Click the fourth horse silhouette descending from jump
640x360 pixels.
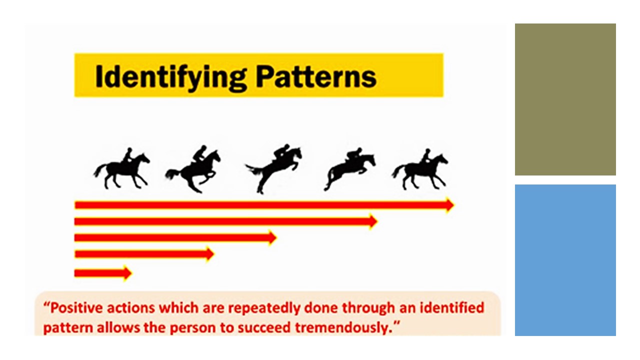tap(350, 170)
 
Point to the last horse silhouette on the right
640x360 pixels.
tap(420, 170)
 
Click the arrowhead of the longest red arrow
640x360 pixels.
tap(449, 204)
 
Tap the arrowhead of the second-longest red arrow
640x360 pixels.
tap(373, 221)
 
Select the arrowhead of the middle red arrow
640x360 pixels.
tap(272, 237)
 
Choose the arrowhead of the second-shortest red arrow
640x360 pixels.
tap(210, 254)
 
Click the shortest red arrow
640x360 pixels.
tap(102, 273)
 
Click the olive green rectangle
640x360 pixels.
tap(565, 99)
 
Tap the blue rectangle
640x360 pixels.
tap(565, 260)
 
